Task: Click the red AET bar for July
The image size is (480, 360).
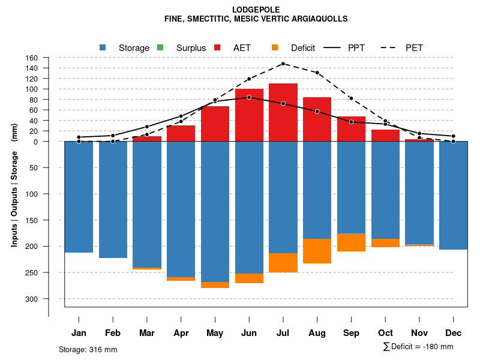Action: [283, 112]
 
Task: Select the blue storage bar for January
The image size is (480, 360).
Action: [79, 197]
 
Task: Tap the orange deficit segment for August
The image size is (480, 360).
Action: [317, 251]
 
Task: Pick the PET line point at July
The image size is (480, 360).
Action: [283, 64]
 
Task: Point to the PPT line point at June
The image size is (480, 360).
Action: [249, 97]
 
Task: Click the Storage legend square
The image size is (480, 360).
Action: [103, 47]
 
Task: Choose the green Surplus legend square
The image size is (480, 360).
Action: [160, 47]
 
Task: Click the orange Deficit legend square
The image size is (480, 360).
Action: [275, 47]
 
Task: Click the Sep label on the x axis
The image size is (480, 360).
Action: [352, 333]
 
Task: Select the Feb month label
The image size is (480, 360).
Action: [113, 333]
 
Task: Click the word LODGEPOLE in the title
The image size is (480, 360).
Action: [256, 10]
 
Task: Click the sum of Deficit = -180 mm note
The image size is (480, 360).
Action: [418, 347]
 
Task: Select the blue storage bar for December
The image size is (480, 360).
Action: [453, 195]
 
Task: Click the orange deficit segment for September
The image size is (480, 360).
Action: [352, 242]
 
